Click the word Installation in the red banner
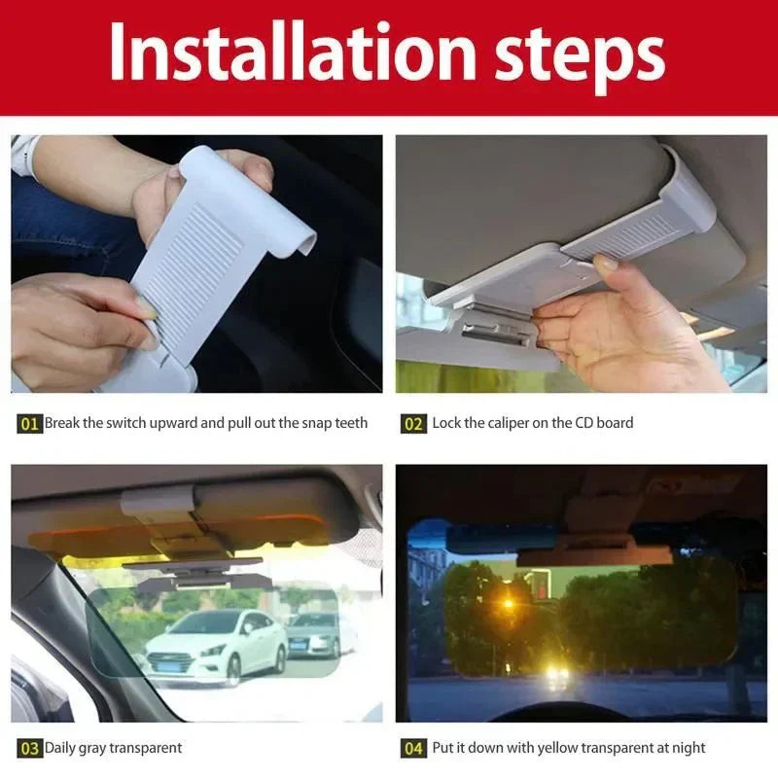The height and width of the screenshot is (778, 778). click(293, 53)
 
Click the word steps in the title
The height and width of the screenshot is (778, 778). click(580, 58)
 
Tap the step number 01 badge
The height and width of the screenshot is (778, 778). click(29, 424)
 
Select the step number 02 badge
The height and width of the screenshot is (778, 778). click(413, 424)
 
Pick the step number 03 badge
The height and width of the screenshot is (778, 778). click(29, 748)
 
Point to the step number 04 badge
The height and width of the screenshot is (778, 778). click(413, 748)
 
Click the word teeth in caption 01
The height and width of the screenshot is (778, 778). click(351, 423)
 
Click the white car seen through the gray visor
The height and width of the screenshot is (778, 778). click(216, 645)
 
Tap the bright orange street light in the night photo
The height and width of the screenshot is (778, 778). click(508, 604)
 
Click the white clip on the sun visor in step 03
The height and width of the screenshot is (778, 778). click(157, 501)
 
